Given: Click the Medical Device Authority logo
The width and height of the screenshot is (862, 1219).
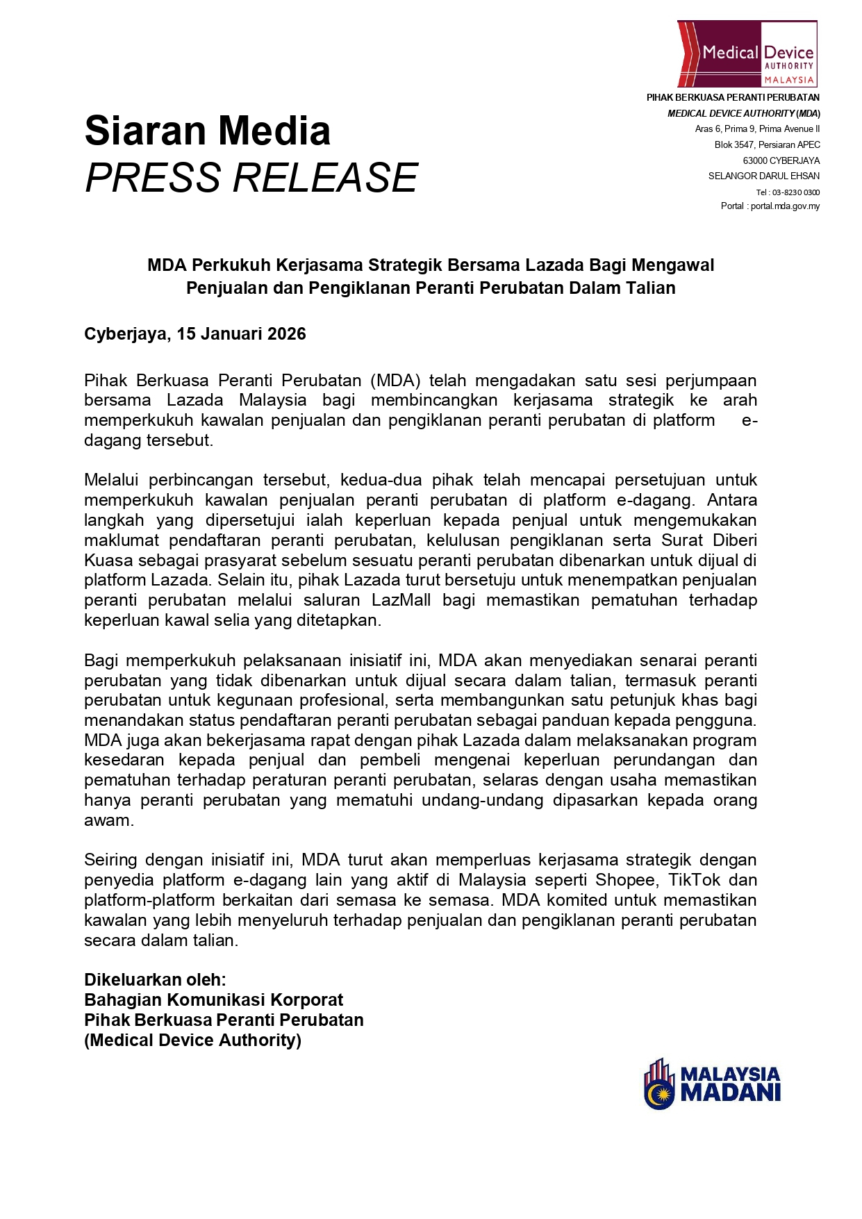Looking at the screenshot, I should pos(747,53).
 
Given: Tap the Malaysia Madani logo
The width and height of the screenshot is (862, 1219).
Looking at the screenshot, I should pos(713,1084).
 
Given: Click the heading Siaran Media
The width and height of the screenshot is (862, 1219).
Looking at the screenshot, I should pos(207,131).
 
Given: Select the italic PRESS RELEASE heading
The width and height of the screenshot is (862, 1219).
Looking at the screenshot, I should pos(251,178).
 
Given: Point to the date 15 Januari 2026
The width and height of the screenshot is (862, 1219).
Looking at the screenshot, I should pos(241,334).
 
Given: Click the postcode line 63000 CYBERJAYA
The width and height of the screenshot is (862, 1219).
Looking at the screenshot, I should pos(781,160).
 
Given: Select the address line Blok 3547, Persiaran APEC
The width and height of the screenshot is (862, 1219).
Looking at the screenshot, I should pos(767,144).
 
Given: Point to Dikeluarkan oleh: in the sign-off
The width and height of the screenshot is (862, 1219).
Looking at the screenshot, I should pos(155,980).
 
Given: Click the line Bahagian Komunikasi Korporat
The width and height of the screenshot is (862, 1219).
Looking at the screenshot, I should pos(213,1000).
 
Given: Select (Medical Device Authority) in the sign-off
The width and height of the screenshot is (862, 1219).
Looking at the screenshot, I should pos(192,1040).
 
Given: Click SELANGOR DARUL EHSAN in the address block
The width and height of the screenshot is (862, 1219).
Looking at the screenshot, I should pos(763,176).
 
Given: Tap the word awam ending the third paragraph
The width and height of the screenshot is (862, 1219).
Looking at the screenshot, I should pos(108,820).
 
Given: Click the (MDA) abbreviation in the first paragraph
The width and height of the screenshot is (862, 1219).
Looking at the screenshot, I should pos(395,381).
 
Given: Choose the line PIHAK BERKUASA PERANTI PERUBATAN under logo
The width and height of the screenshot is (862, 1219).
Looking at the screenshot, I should pos(733,98).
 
